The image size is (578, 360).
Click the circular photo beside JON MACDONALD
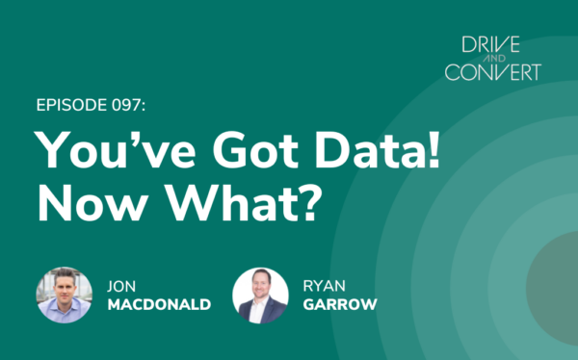pyautogui.click(x=64, y=295)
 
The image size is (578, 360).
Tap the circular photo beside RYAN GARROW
pyautogui.click(x=260, y=295)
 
